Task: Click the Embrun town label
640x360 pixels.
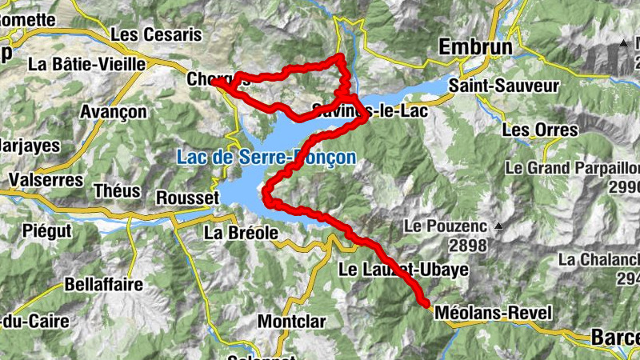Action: tap(475, 49)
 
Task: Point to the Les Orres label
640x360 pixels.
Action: tap(539, 130)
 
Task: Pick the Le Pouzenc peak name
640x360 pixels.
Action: tap(445, 226)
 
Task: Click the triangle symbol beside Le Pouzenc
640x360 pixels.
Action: tap(498, 226)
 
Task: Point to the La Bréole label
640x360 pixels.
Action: tap(241, 233)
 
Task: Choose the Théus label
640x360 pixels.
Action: tap(117, 191)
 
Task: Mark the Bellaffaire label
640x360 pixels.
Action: tap(104, 284)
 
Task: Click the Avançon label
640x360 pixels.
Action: tap(113, 111)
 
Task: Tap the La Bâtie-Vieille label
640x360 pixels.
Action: tap(87, 63)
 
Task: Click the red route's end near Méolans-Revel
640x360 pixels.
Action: tap(424, 302)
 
